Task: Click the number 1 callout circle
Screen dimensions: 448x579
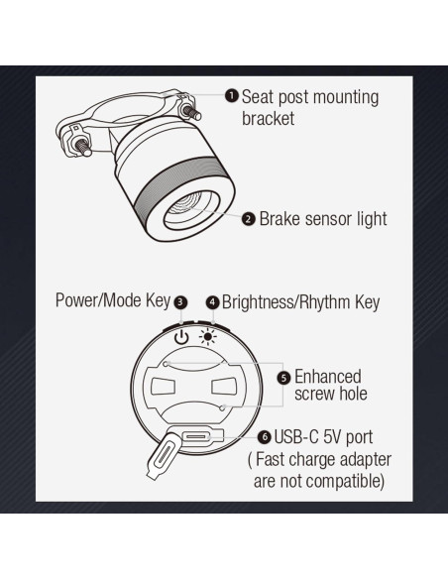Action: [x=231, y=96]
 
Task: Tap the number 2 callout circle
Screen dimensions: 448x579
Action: [x=249, y=219]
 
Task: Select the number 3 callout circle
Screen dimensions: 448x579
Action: [x=180, y=302]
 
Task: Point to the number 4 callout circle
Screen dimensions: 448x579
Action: [x=212, y=302]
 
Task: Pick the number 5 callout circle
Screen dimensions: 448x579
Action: [x=283, y=378]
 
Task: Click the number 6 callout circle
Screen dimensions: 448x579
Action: [x=265, y=437]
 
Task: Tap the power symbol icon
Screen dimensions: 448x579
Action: [x=181, y=337]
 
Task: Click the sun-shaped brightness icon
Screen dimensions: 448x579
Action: [x=208, y=337]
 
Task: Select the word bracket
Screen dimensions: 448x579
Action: [x=268, y=119]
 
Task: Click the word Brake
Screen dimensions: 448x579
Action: [x=280, y=218]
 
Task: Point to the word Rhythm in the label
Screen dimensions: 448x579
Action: [x=324, y=302]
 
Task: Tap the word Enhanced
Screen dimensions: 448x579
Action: [x=328, y=377]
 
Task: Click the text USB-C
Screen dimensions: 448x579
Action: [x=296, y=437]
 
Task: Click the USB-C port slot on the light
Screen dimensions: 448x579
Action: [x=196, y=437]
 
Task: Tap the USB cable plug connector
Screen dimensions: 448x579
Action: [x=164, y=455]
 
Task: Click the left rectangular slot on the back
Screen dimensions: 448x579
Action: [x=163, y=387]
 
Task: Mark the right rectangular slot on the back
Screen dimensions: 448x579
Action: [x=223, y=387]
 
